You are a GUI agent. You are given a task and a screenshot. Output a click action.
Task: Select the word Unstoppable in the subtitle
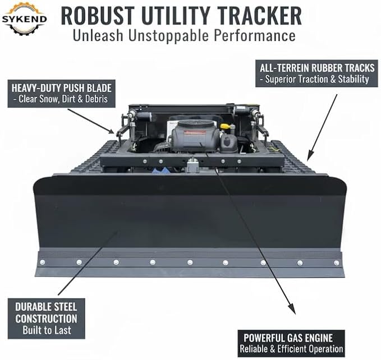(169, 35)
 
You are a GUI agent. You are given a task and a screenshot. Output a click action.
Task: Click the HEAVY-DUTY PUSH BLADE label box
(62, 94)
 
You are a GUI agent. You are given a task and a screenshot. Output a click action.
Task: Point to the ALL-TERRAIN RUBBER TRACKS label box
(316, 73)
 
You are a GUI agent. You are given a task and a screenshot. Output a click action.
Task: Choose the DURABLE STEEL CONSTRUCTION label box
(47, 319)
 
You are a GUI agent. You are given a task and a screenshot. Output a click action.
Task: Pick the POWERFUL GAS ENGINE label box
(291, 343)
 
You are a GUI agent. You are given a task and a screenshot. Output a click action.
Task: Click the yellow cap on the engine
(225, 126)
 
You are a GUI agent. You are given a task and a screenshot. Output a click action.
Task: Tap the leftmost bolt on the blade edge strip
(43, 262)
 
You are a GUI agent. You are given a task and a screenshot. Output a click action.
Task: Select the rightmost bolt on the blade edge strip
(337, 262)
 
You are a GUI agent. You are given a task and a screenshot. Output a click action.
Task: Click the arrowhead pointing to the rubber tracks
(309, 156)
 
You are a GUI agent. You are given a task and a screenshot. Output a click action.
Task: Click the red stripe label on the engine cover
(195, 132)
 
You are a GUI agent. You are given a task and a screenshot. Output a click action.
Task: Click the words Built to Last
(47, 330)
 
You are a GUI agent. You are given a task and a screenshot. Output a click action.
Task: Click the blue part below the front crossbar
(159, 170)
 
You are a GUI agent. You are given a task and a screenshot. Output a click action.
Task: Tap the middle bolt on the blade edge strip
(190, 262)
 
